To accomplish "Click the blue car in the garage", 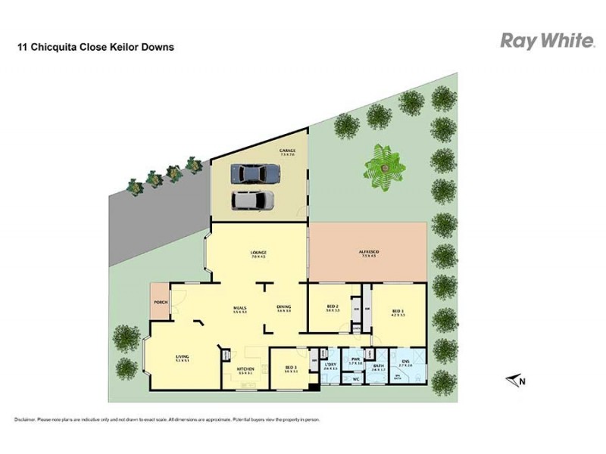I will coord(251,173).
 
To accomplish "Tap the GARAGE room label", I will coord(287,151).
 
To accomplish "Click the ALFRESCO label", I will coord(369,252).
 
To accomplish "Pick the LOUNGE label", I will coord(258,252).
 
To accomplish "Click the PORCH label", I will coord(160,302).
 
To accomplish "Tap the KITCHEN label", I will coord(245,369).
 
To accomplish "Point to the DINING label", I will coord(284,307).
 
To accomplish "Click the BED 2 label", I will coord(332,307).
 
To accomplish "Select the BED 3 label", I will coord(290,367).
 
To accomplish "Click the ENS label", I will coord(405,362).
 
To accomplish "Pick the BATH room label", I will coord(377,365).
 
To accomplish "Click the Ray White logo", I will coord(545,41).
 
